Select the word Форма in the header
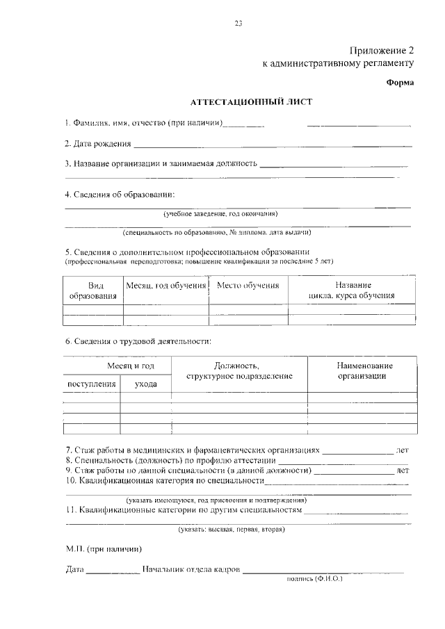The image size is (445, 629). [400, 83]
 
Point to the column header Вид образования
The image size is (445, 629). [92, 291]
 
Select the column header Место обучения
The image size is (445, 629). [248, 286]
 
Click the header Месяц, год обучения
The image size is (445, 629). [166, 286]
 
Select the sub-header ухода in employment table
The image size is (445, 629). [145, 383]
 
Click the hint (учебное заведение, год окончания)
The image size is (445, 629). [220, 214]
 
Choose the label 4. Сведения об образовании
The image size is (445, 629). [120, 195]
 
